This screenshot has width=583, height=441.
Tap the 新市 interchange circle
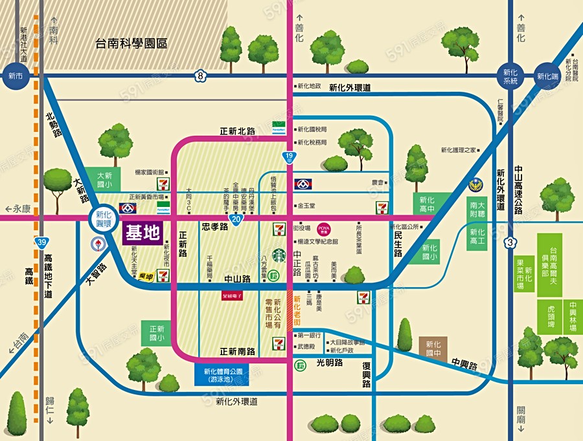tap(15, 76)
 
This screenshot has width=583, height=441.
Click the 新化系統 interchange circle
tap(510, 76)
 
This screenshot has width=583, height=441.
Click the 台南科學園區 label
tap(131, 44)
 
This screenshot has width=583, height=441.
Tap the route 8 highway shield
tap(201, 76)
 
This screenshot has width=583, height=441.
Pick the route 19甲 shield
tap(288, 157)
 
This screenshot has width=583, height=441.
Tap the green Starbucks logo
tap(279, 255)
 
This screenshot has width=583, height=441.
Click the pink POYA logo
tap(324, 228)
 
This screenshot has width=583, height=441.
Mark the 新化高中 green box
tap(427, 204)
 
